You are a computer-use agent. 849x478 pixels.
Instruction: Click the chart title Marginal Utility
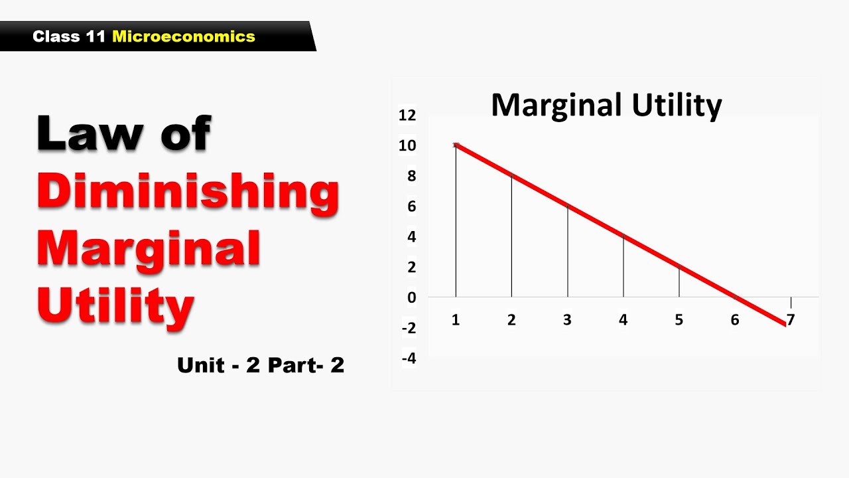(606, 106)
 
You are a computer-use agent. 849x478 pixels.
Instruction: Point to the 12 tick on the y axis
(407, 116)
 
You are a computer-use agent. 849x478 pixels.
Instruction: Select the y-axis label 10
(407, 146)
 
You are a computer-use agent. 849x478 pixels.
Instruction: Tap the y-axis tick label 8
(411, 176)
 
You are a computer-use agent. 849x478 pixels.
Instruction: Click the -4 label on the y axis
(409, 358)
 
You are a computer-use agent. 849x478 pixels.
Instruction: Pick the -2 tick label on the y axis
(409, 328)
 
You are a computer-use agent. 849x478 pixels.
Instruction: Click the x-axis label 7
(791, 320)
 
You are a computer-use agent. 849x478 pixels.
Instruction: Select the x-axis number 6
(735, 320)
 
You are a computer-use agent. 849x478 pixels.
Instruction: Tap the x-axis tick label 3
(567, 320)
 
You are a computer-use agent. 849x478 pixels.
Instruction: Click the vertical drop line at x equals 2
(511, 239)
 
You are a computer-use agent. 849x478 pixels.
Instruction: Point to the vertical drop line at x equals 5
(679, 282)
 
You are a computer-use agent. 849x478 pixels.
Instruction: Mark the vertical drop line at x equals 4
(623, 266)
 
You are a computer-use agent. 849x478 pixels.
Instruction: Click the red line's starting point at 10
(456, 145)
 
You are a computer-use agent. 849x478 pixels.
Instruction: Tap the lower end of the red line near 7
(785, 324)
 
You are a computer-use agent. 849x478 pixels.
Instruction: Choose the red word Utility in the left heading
(115, 305)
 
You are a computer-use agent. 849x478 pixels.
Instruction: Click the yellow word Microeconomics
(184, 37)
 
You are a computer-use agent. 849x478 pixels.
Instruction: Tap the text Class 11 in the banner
(70, 37)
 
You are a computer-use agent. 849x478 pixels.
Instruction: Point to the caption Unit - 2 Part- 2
(261, 364)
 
